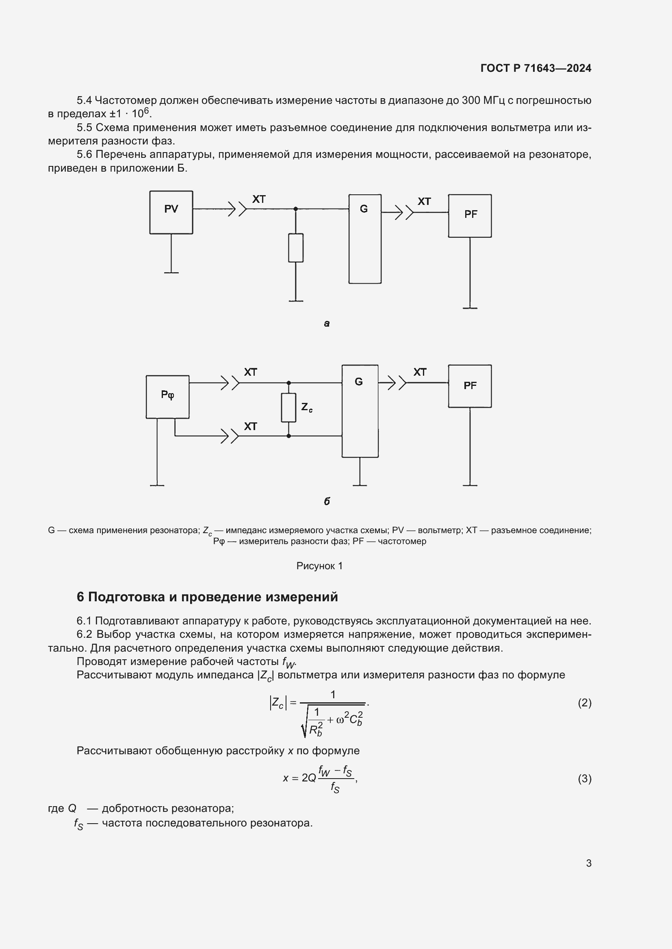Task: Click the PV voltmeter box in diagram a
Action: [x=171, y=212]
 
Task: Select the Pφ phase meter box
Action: [x=167, y=396]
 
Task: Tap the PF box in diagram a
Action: [x=470, y=215]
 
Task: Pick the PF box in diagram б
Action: [x=470, y=386]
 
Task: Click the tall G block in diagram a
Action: [x=364, y=239]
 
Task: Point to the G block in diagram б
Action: [x=360, y=411]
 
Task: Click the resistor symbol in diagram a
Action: [x=295, y=247]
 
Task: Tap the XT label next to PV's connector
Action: [x=259, y=199]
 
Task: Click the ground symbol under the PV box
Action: [x=171, y=272]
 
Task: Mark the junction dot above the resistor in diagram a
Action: [x=295, y=209]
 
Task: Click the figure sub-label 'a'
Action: [x=327, y=324]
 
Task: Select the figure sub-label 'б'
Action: [x=327, y=501]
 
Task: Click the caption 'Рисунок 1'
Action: [x=319, y=566]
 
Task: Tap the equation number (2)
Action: [x=584, y=703]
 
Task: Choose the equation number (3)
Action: [x=584, y=779]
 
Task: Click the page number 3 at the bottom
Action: [x=588, y=863]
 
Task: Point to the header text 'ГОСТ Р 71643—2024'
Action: [x=536, y=68]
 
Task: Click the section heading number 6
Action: [x=80, y=597]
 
